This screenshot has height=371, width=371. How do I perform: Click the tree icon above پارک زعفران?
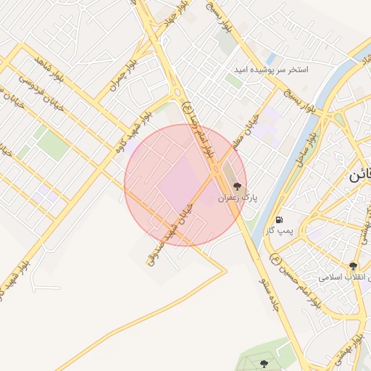pyautogui.click(x=238, y=187)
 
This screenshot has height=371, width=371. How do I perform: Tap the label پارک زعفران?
pyautogui.click(x=238, y=198)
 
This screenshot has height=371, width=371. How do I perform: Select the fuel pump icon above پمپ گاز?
pyautogui.click(x=279, y=220)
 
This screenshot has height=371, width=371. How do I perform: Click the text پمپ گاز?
pyautogui.click(x=278, y=230)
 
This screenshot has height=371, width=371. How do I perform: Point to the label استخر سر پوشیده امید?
pyautogui.click(x=270, y=70)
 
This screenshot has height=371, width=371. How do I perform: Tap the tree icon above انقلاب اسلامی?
pyautogui.click(x=353, y=267)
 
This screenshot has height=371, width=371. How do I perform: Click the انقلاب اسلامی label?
pyautogui.click(x=345, y=278)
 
